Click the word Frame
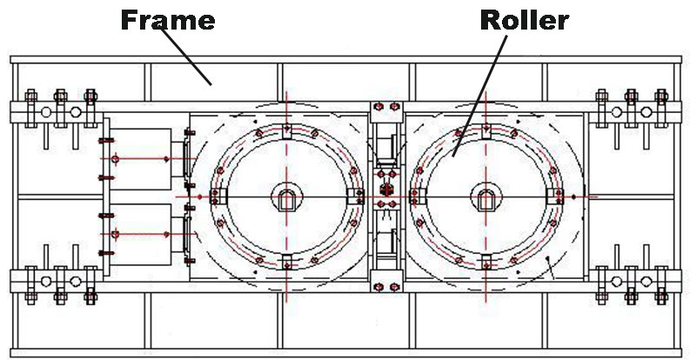point(167,19)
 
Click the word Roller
point(524,19)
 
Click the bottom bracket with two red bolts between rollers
point(385,283)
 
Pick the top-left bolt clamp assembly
point(57,111)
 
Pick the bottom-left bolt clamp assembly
point(57,281)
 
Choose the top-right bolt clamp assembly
point(631,111)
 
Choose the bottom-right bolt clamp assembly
point(631,281)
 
